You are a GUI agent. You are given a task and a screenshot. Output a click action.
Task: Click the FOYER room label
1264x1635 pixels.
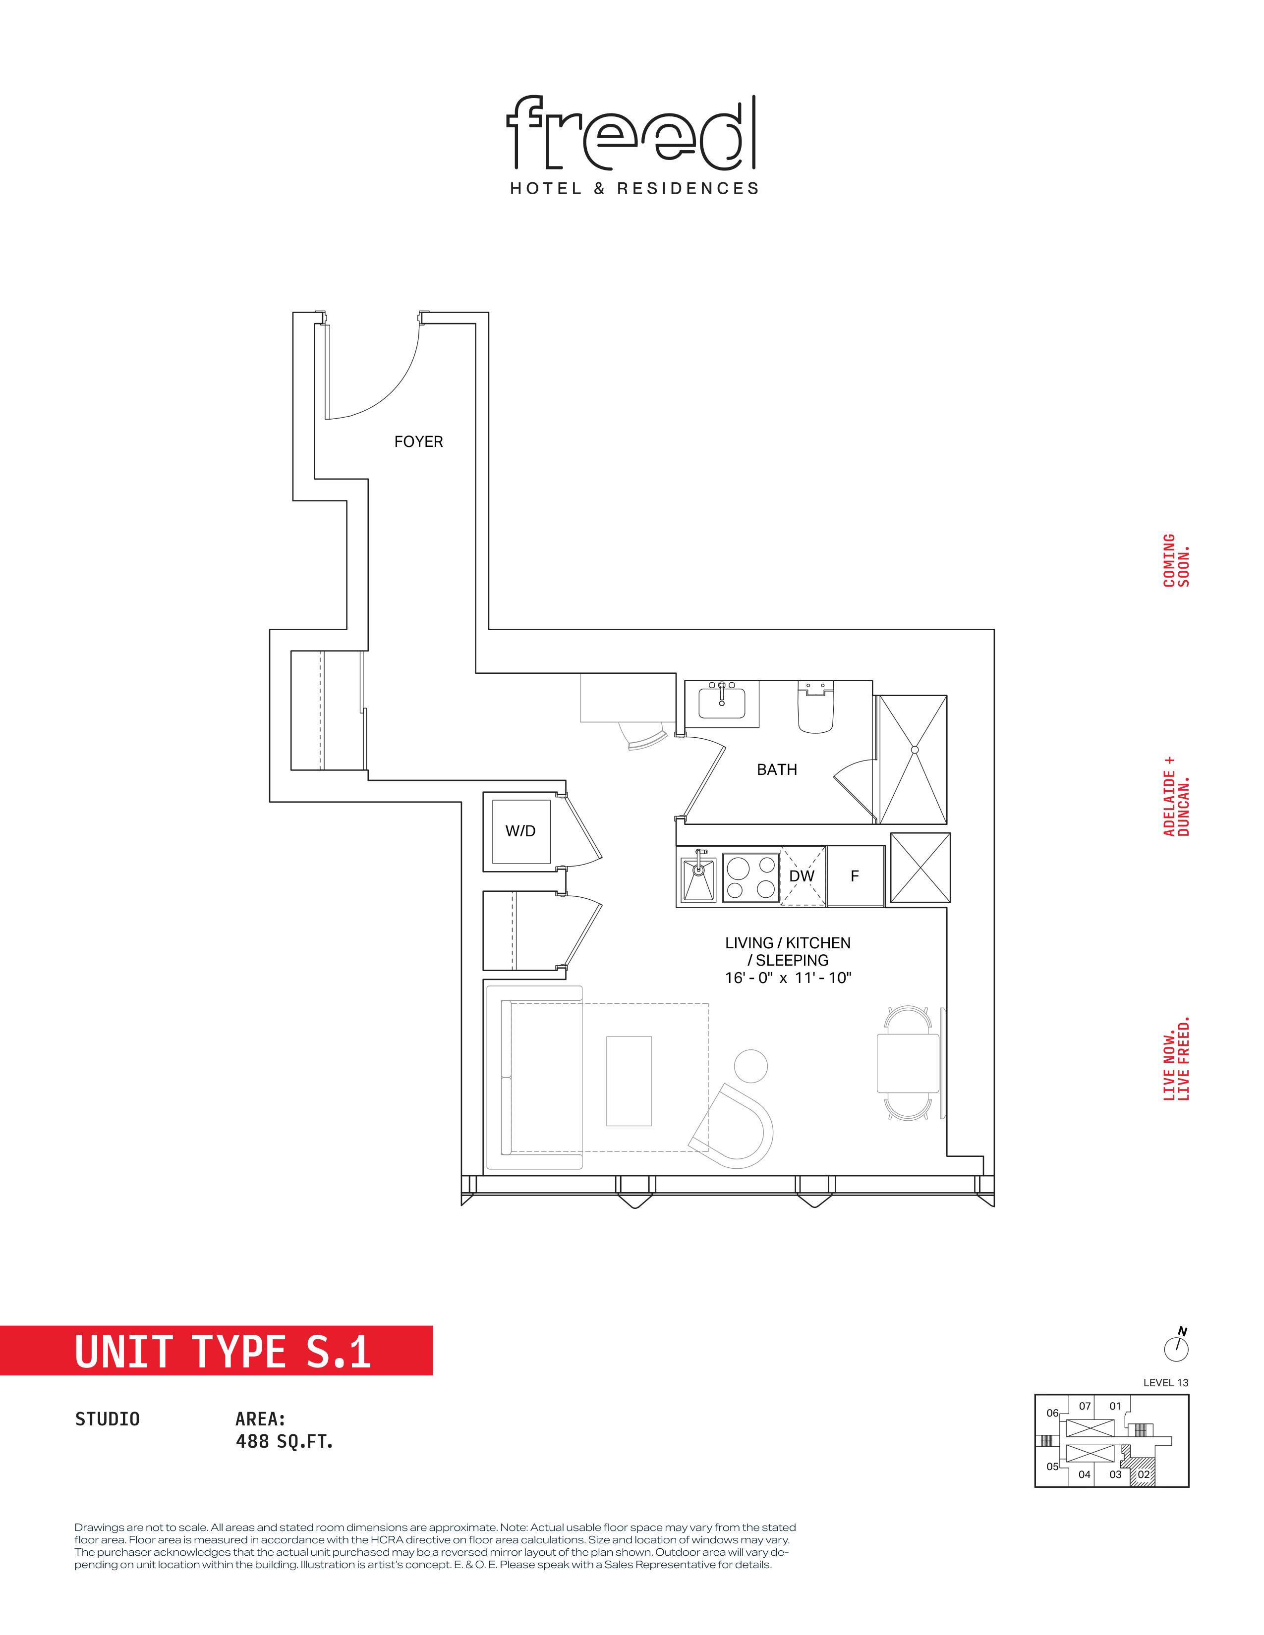coord(418,441)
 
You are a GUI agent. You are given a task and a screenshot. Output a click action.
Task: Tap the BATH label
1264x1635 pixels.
coord(777,769)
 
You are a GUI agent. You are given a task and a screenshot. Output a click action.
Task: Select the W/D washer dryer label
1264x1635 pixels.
coord(520,831)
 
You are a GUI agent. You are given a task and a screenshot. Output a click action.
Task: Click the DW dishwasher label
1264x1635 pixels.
coord(802,876)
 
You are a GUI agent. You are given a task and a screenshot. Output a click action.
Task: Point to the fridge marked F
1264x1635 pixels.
coord(855,876)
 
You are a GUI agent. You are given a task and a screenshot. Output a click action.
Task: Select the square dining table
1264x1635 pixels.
coord(908,1063)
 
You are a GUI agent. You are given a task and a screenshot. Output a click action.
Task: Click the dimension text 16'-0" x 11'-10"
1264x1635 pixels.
coord(788,978)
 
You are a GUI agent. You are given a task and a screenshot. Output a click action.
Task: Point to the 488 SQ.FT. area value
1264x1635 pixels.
coord(284,1441)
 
